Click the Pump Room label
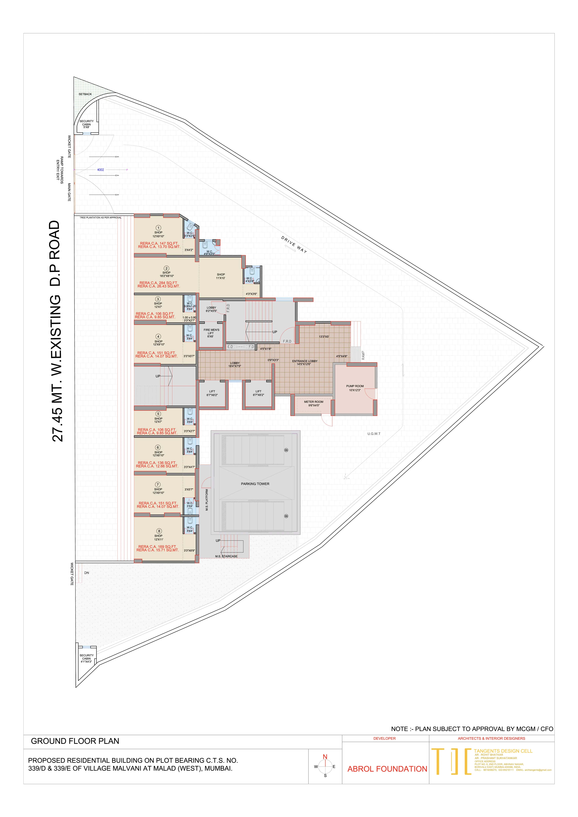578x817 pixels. (355, 386)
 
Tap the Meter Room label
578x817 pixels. (314, 402)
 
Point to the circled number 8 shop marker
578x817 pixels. (159, 531)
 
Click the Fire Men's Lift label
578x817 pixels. (211, 330)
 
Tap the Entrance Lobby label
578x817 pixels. (305, 361)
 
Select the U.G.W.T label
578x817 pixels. (374, 434)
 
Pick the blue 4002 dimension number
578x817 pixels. (101, 170)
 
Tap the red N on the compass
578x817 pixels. (325, 757)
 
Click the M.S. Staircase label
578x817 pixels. (226, 556)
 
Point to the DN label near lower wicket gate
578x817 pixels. (87, 573)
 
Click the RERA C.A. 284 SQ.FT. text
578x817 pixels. (158, 283)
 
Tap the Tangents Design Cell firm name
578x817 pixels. (503, 751)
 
